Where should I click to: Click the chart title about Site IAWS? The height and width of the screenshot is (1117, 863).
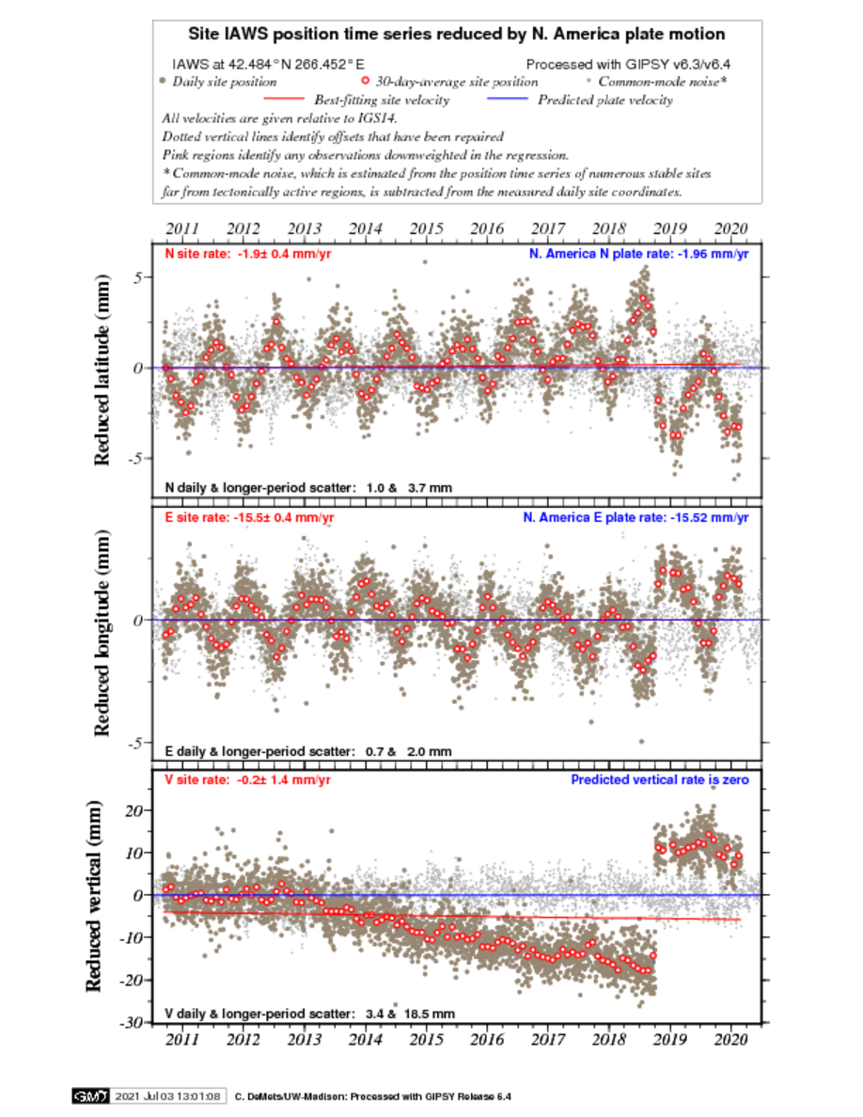[457, 34]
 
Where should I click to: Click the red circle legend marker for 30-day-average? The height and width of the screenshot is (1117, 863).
[366, 81]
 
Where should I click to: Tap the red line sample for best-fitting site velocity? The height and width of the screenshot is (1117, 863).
[283, 99]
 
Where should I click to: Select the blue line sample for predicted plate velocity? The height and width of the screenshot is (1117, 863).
[507, 99]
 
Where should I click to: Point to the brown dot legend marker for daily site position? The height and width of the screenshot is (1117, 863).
[163, 81]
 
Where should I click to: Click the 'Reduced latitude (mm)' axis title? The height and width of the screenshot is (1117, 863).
[102, 370]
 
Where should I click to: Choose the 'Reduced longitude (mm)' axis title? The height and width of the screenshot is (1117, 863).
[102, 633]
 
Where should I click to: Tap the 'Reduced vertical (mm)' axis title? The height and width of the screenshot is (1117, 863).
[94, 896]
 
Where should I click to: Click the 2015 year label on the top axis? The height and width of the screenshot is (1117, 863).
[426, 228]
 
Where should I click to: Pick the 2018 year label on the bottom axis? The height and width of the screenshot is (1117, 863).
[609, 1039]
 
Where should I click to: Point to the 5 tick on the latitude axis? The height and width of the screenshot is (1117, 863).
[138, 277]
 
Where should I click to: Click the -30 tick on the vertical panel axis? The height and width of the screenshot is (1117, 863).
[133, 1022]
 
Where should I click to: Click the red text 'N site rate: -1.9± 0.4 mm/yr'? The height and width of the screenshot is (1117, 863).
[248, 254]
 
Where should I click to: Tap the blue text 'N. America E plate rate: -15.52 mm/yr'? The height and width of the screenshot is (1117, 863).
[635, 518]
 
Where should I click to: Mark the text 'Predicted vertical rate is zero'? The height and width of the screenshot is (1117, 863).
[660, 780]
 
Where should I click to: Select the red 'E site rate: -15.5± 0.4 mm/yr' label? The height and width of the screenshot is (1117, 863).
[249, 518]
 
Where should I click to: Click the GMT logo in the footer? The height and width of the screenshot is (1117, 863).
[90, 1096]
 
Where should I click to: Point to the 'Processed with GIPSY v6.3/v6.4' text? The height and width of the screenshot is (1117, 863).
[628, 64]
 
